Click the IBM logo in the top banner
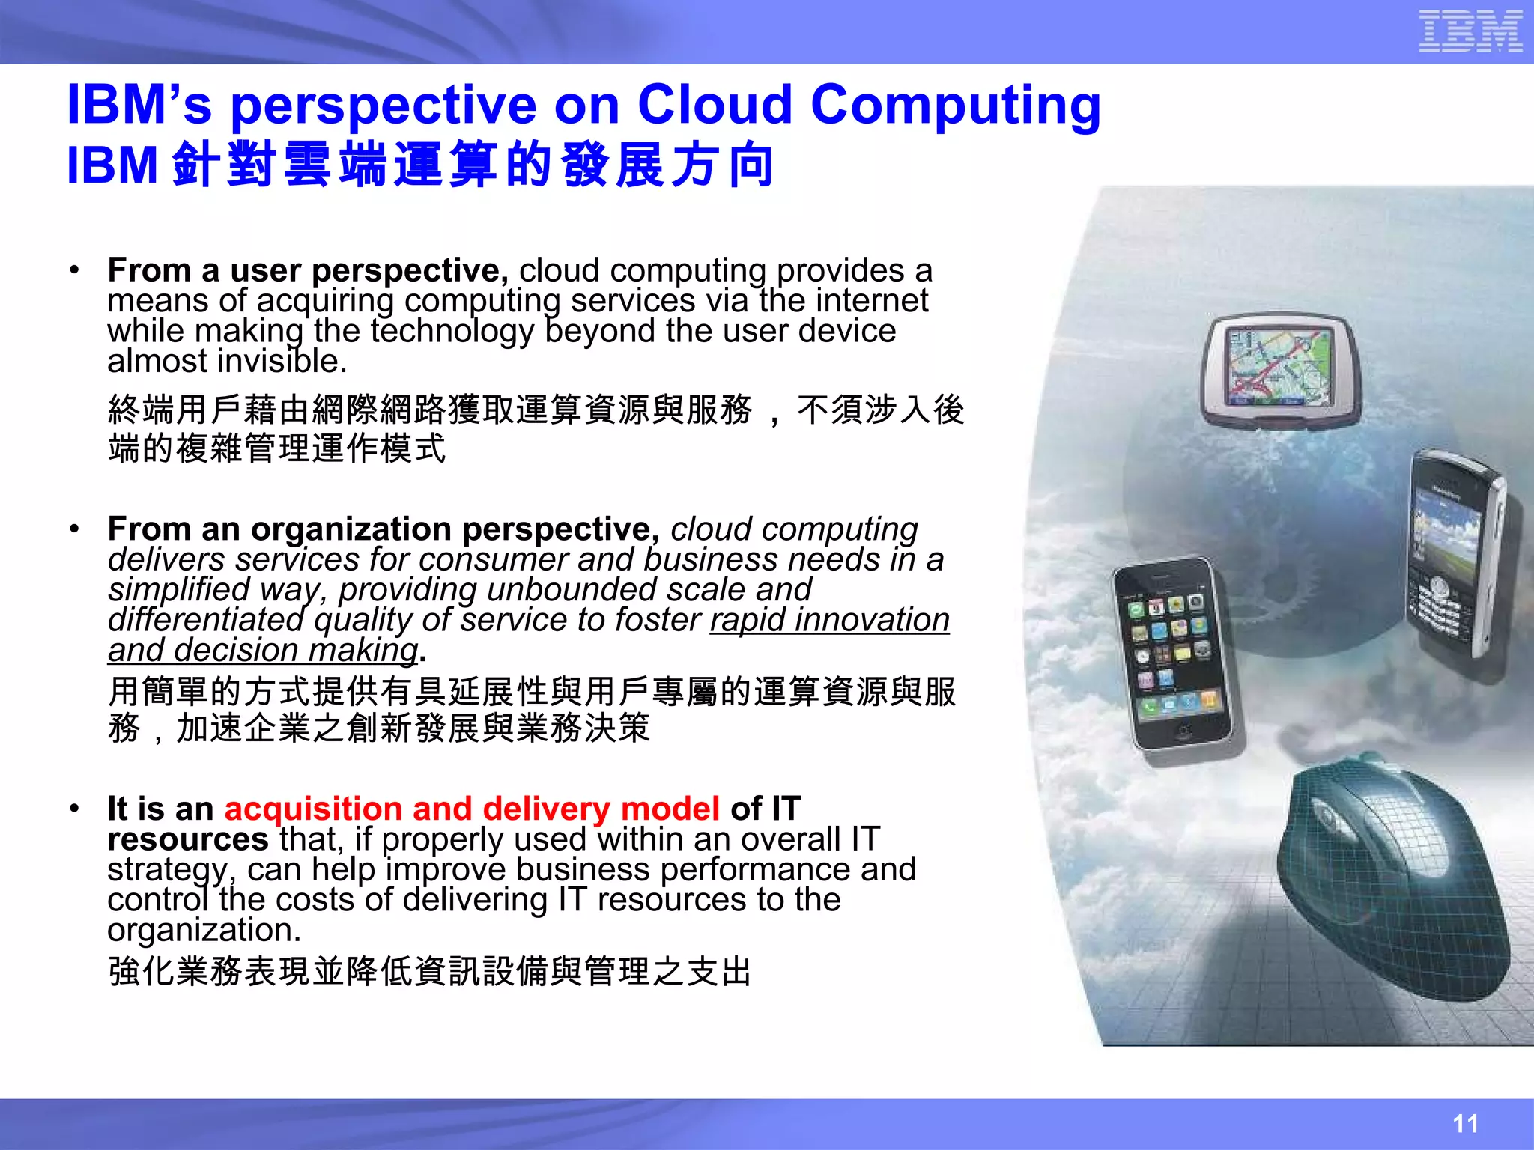point(1470,31)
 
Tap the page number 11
point(1465,1123)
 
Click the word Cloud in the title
point(714,104)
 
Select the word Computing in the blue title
point(955,106)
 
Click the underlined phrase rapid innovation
point(829,620)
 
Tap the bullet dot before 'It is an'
point(74,809)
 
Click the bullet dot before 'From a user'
point(74,270)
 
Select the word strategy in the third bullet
point(166,871)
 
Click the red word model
point(670,809)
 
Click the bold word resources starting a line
point(187,839)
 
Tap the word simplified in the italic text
point(178,590)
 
